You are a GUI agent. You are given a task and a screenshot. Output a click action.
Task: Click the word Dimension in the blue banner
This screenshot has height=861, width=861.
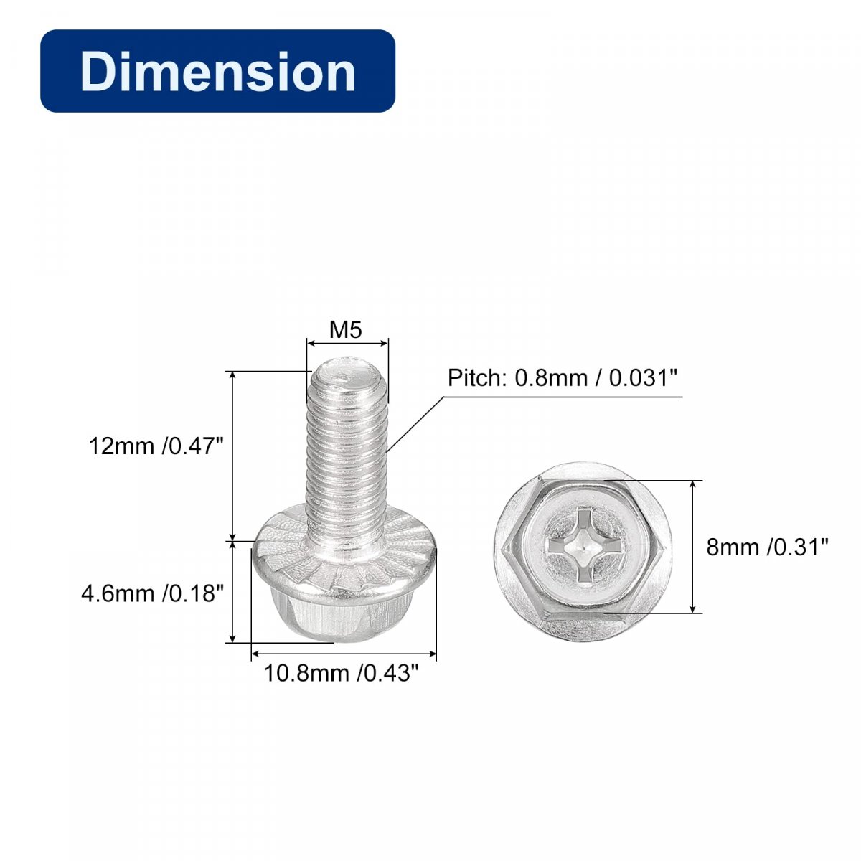218,71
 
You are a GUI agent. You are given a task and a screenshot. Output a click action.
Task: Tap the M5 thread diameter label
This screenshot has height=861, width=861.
345,330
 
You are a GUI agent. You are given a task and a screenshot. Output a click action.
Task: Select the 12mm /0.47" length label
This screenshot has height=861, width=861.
156,446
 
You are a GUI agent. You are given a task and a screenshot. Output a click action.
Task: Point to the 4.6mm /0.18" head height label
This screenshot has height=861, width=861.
152,593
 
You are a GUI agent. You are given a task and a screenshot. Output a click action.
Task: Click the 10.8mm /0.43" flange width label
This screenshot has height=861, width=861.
342,673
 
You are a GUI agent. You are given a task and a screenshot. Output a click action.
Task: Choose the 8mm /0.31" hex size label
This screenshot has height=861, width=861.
768,547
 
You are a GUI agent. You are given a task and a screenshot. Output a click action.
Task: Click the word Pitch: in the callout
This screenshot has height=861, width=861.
476,378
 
